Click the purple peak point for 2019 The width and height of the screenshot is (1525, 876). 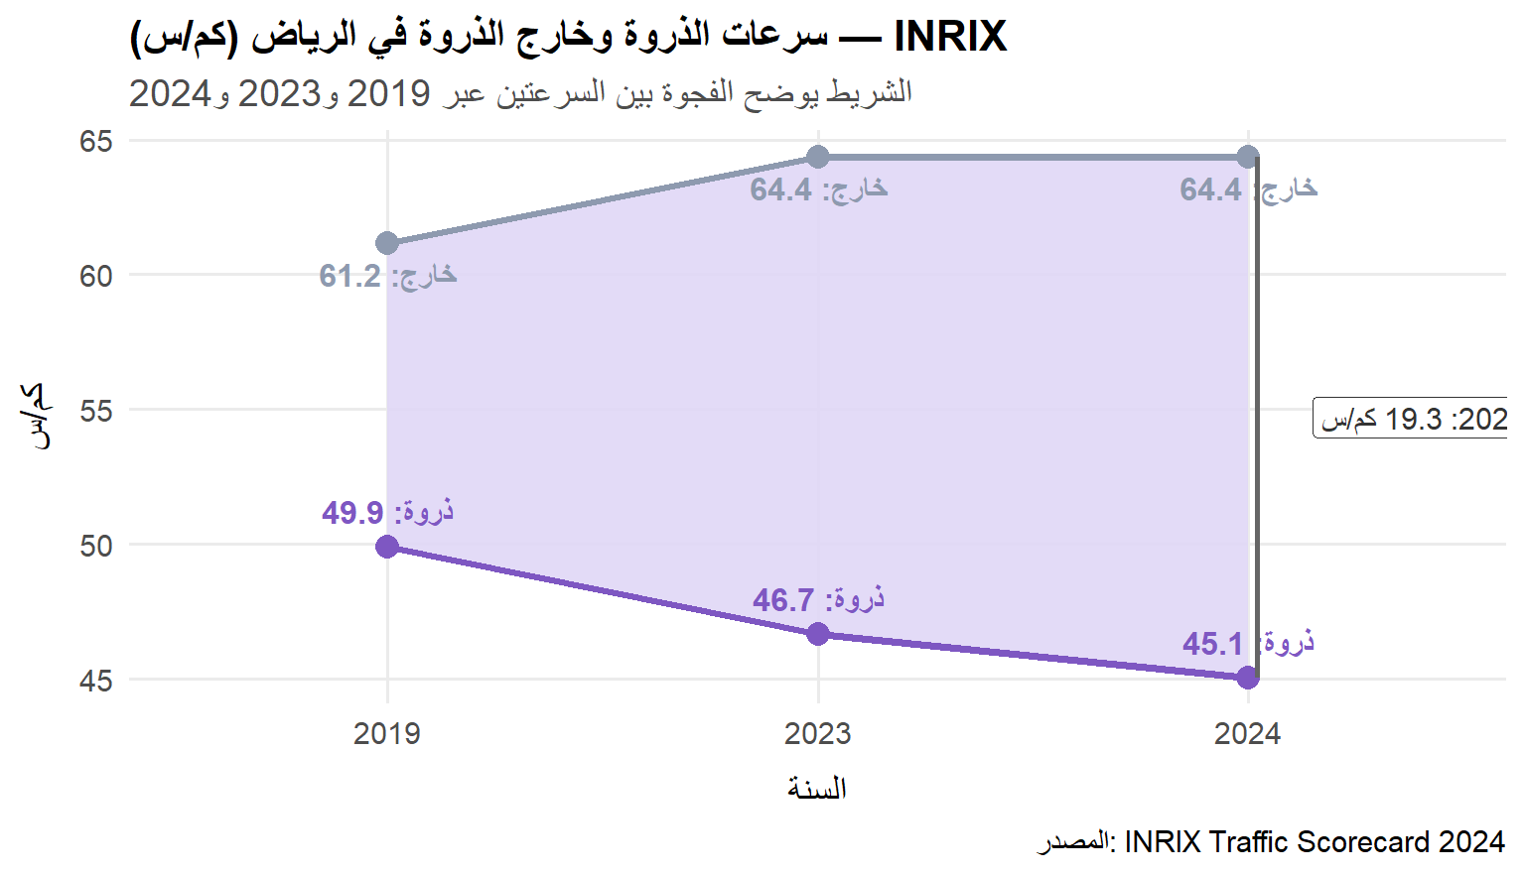point(387,547)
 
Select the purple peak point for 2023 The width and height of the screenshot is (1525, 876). point(818,634)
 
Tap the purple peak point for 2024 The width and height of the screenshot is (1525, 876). point(1248,678)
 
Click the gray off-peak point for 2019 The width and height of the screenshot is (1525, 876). point(387,243)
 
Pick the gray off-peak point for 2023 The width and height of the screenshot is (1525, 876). point(818,157)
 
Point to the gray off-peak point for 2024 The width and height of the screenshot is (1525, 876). point(1248,157)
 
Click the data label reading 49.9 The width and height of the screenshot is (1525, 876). point(387,512)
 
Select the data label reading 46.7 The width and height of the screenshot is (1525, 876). point(818,599)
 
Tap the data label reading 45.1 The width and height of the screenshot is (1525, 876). point(1247,643)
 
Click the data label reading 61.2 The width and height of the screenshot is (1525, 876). point(387,275)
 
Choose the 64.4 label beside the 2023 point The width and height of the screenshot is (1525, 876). point(818,188)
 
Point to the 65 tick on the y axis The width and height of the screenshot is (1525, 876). point(96,141)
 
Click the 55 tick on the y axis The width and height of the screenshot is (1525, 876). point(96,411)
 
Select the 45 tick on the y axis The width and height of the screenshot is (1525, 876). point(96,681)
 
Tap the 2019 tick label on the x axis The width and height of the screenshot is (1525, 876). point(387,734)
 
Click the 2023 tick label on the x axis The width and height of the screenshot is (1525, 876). point(818,734)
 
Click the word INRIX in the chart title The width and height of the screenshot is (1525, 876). point(950,37)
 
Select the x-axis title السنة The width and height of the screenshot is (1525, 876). point(817,789)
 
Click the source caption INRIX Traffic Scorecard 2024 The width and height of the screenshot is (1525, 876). point(1314,842)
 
